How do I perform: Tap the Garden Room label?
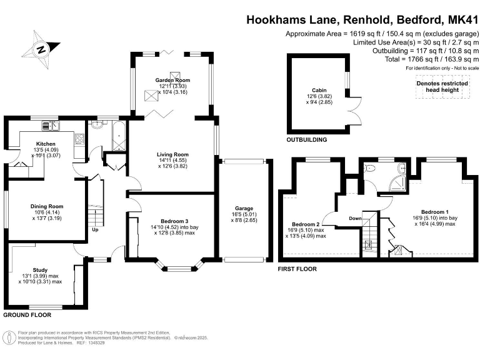point(171,80)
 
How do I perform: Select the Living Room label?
point(172,154)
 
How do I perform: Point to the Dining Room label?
point(47,206)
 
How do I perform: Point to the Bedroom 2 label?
point(305,224)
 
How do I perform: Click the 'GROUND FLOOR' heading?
point(27,315)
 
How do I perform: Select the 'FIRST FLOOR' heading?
point(297,269)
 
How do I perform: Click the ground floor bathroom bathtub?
point(118,133)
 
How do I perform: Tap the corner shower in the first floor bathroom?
point(394,183)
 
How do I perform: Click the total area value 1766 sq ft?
point(428,59)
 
